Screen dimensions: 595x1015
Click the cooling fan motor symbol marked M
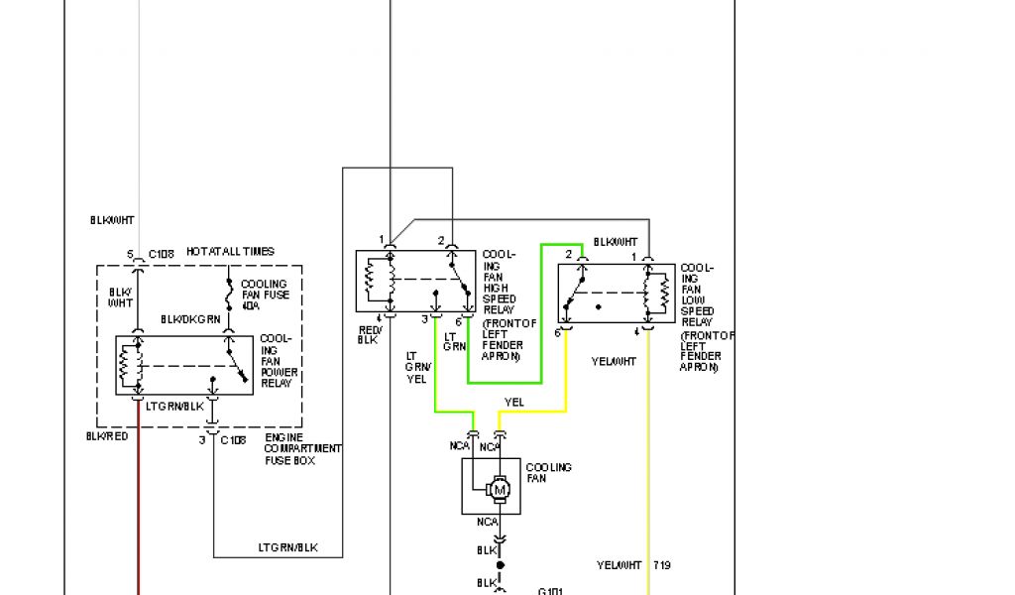(501, 489)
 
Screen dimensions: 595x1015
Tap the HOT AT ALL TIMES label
(230, 252)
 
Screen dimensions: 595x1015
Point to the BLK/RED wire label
(107, 436)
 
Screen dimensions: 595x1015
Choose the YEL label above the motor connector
(513, 403)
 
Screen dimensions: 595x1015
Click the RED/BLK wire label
(369, 334)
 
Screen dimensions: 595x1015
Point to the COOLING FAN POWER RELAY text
(277, 361)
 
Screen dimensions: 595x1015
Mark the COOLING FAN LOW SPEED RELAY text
(697, 295)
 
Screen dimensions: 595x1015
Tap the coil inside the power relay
(126, 365)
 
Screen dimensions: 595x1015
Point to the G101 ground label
(550, 591)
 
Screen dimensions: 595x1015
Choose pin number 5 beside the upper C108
(130, 254)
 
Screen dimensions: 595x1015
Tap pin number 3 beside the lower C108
(202, 439)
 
